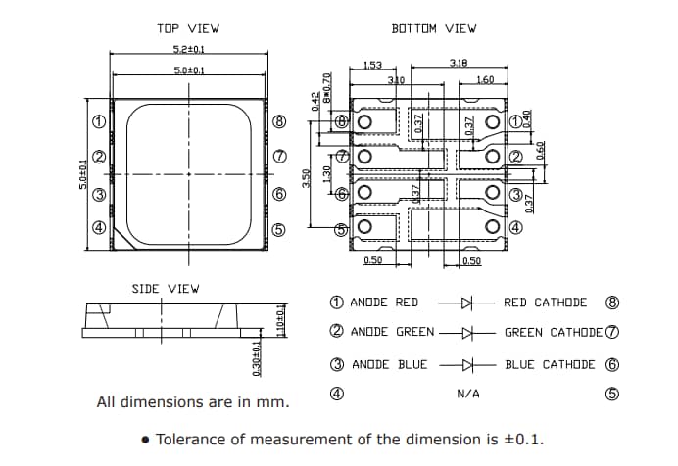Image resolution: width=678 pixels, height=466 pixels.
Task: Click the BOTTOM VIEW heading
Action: click(x=434, y=29)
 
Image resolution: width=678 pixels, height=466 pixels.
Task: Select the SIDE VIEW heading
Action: click(x=165, y=289)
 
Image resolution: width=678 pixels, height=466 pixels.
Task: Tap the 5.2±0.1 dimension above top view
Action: click(x=188, y=50)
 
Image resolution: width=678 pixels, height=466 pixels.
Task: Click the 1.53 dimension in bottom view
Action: click(x=372, y=66)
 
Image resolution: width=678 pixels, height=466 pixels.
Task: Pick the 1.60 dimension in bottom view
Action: click(x=484, y=80)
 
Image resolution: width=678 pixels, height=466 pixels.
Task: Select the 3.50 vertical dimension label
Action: click(x=307, y=178)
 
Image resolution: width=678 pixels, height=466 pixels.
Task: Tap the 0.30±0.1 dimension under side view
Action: click(x=258, y=358)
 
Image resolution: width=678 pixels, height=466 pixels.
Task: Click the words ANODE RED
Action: click(x=384, y=303)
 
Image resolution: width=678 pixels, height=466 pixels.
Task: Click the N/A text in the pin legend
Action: click(x=468, y=395)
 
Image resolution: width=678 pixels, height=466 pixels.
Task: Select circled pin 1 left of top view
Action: click(x=98, y=123)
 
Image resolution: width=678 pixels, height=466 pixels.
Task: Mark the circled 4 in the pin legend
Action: click(x=336, y=394)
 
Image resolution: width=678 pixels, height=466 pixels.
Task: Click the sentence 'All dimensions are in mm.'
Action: click(x=192, y=402)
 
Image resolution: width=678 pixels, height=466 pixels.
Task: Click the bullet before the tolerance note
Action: click(x=146, y=440)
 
